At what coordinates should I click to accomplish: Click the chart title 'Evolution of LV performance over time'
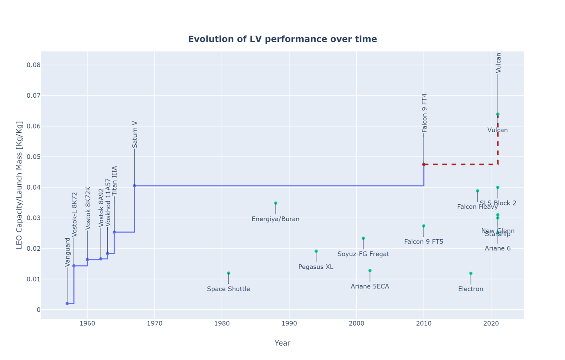click(x=282, y=39)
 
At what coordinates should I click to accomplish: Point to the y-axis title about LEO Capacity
click(x=19, y=185)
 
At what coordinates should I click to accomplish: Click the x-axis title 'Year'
click(x=282, y=343)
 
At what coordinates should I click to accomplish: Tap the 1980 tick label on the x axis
click(x=222, y=323)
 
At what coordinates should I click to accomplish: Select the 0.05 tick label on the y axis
click(x=33, y=157)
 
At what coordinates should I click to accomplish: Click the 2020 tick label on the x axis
click(x=491, y=323)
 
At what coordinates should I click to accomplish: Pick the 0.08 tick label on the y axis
click(x=33, y=65)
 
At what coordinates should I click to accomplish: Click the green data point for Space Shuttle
click(x=229, y=273)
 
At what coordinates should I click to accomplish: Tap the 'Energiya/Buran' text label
click(x=275, y=219)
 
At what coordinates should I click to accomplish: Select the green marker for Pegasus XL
click(x=316, y=251)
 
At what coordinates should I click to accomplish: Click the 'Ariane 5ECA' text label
click(x=370, y=286)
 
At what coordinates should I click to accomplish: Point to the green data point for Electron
click(x=471, y=273)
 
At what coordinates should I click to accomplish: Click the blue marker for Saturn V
click(x=134, y=186)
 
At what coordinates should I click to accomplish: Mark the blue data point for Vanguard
click(x=67, y=303)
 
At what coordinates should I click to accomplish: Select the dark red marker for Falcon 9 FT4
click(x=424, y=164)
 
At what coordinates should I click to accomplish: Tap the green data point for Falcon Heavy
click(x=478, y=191)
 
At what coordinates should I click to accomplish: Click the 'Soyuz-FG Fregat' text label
click(x=363, y=254)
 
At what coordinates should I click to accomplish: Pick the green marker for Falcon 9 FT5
click(x=424, y=226)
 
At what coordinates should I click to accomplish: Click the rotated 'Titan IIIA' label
click(x=115, y=181)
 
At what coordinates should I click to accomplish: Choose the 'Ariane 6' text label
click(x=498, y=248)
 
